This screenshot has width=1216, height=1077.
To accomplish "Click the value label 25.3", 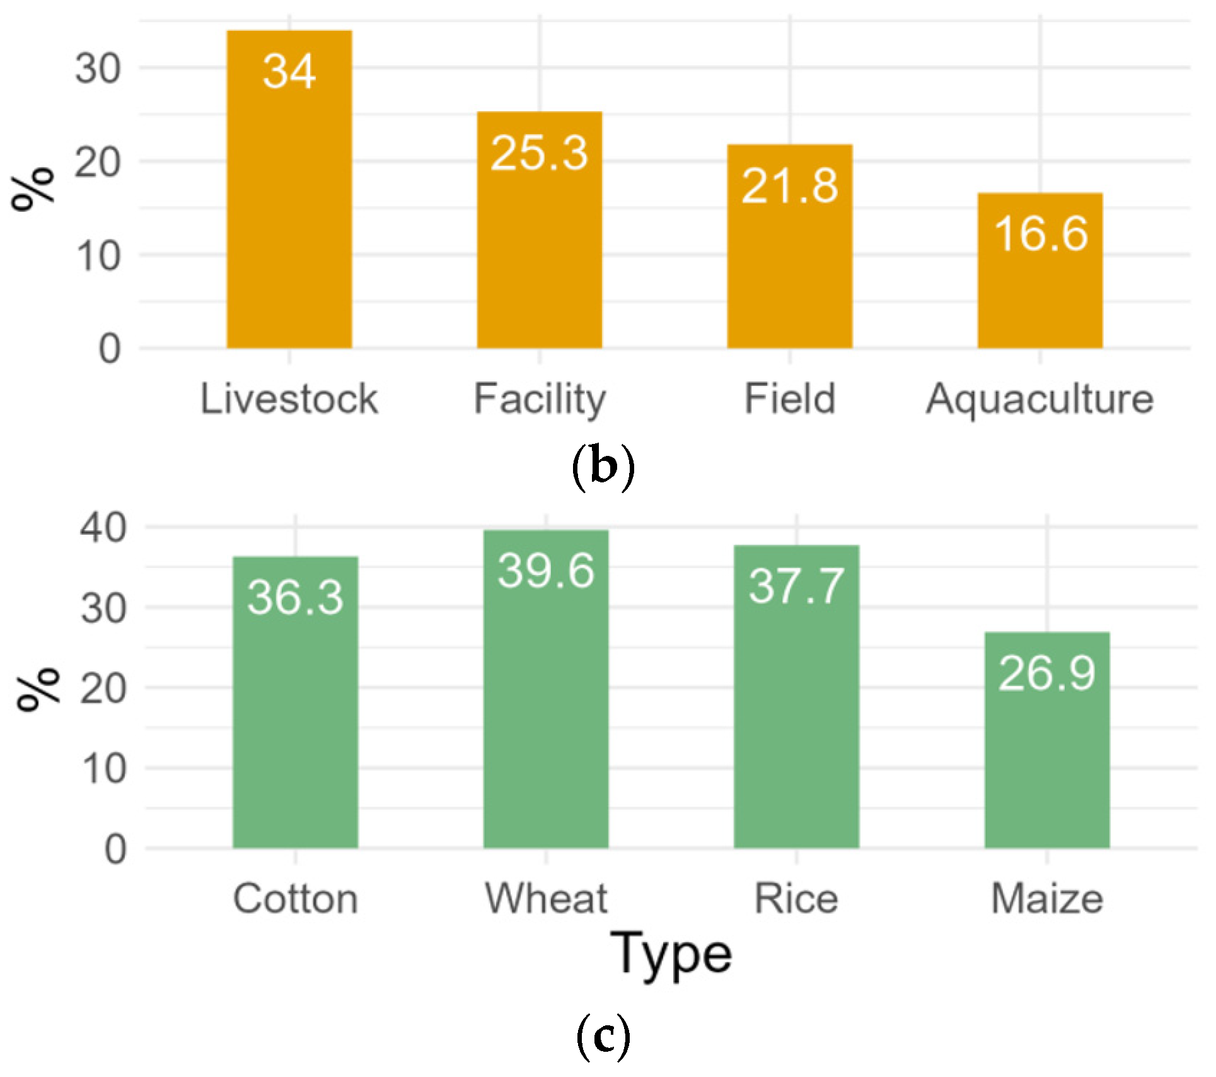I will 540,153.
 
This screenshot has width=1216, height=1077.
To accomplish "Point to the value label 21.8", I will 790,186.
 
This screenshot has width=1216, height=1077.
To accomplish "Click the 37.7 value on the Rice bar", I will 796,586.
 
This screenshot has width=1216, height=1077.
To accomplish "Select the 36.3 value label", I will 296,597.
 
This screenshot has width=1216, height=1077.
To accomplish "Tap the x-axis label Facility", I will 540,400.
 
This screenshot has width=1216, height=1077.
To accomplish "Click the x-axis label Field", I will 790,399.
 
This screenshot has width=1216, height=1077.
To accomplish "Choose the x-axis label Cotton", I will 296,899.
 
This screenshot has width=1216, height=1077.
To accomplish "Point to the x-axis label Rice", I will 796,899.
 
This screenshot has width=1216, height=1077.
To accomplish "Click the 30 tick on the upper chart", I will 98,68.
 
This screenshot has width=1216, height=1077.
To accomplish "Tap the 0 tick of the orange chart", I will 110,349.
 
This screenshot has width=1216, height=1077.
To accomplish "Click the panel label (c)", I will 603,1036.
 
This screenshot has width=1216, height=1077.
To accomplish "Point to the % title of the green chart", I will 38,689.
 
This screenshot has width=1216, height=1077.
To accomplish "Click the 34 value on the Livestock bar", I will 289,71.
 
